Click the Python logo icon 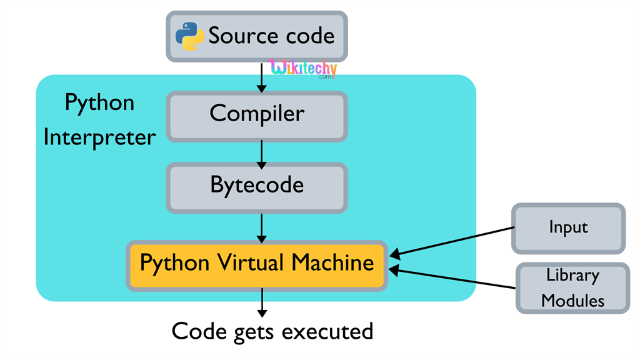[x=189, y=36]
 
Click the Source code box [x=256, y=36]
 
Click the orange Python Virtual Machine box [x=256, y=264]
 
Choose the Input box [x=568, y=228]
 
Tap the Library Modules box [x=572, y=287]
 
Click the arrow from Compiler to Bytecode [x=262, y=152]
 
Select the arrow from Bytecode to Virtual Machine [x=262, y=227]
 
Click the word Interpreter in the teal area [x=99, y=137]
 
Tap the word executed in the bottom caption [x=327, y=331]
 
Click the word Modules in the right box [x=572, y=301]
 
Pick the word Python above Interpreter [x=99, y=102]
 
